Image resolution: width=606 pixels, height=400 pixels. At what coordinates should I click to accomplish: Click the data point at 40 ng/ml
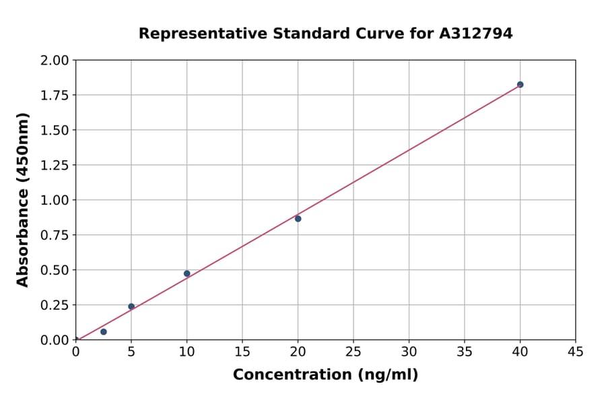click(x=520, y=85)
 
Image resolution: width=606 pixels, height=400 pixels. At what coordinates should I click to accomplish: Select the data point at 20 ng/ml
click(x=298, y=219)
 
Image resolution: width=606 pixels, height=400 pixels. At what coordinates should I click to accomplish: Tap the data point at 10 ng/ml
click(x=187, y=273)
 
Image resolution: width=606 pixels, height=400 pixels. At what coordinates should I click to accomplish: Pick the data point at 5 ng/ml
click(x=131, y=306)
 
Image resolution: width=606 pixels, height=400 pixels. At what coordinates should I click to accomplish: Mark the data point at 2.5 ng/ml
click(x=103, y=332)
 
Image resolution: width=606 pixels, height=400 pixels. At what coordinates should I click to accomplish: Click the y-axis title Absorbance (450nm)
click(x=24, y=200)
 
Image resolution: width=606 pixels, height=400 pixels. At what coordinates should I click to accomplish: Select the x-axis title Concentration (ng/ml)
click(x=325, y=375)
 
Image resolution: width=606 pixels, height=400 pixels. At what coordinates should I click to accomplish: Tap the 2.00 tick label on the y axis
click(x=55, y=61)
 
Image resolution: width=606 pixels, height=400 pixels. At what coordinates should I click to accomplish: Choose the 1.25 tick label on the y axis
click(x=55, y=165)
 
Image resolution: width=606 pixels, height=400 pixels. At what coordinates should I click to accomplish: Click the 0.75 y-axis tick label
click(x=55, y=235)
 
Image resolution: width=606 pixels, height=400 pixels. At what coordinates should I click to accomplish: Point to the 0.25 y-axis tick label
click(x=55, y=305)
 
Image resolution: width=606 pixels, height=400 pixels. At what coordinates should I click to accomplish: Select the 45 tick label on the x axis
click(x=575, y=352)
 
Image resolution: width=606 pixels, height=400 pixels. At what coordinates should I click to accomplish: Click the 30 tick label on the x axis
click(x=409, y=352)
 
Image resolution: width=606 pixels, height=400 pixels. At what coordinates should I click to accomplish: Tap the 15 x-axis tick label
click(x=242, y=352)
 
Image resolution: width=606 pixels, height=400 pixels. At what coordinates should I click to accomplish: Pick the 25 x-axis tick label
click(x=353, y=352)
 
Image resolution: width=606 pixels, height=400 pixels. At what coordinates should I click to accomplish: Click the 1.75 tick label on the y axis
click(x=55, y=95)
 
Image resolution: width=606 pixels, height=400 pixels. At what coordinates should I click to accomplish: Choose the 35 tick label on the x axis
click(x=465, y=352)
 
